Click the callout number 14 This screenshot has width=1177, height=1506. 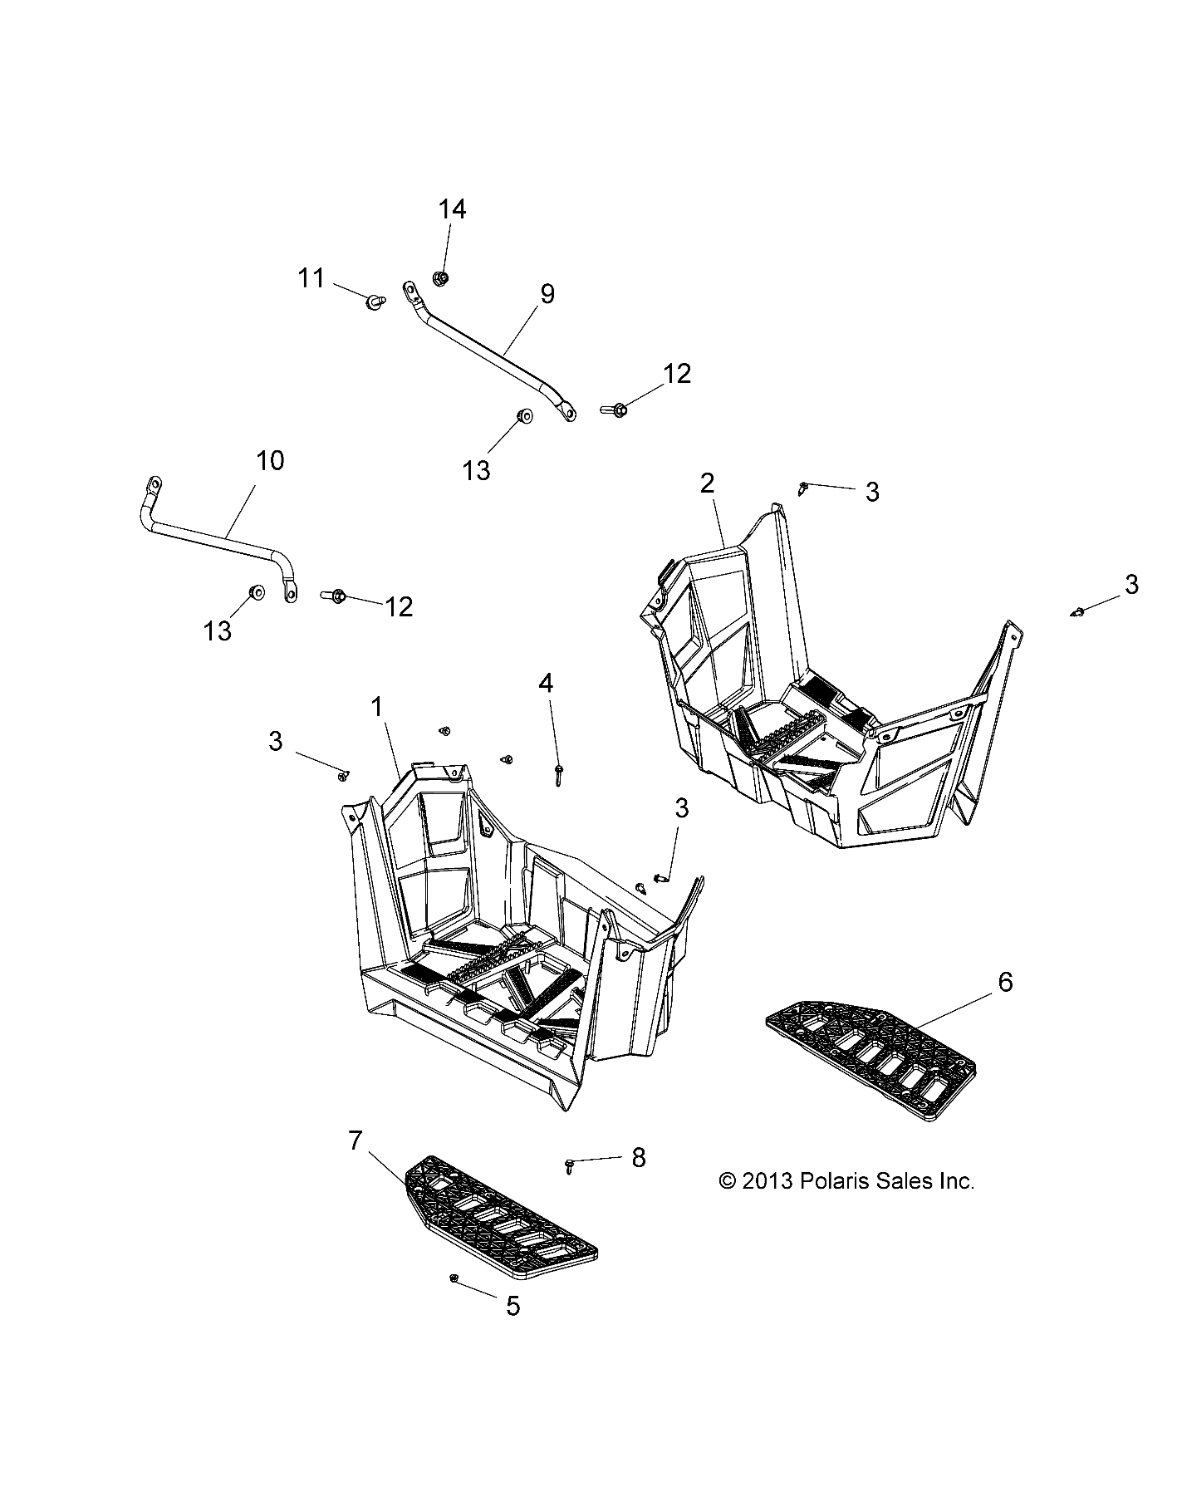pyautogui.click(x=452, y=209)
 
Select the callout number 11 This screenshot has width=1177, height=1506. pyautogui.click(x=311, y=277)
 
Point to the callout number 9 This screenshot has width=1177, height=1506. pyautogui.click(x=547, y=293)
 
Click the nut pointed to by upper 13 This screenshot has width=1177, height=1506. pyautogui.click(x=523, y=415)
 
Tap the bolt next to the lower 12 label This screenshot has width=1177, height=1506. pyautogui.click(x=336, y=596)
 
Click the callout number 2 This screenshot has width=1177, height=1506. pyautogui.click(x=707, y=483)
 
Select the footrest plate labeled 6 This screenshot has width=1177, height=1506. pyautogui.click(x=870, y=1051)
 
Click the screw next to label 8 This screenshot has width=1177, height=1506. pyautogui.click(x=571, y=1165)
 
